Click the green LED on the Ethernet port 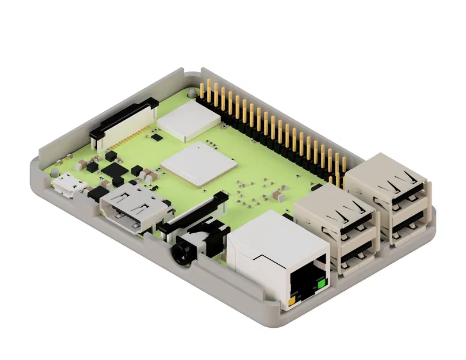[321, 283]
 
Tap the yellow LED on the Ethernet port [293, 300]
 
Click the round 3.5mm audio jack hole [179, 252]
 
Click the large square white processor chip [199, 164]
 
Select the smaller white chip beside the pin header [188, 120]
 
